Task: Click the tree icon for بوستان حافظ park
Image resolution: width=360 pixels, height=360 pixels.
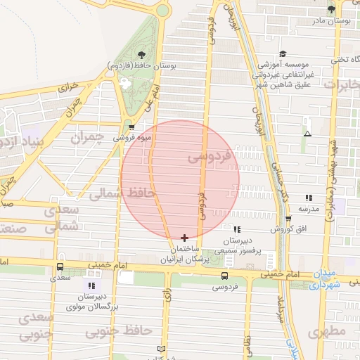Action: point(142,54)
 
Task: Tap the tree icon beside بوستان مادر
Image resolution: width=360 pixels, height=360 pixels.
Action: point(331,9)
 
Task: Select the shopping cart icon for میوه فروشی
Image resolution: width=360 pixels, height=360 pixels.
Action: point(131,127)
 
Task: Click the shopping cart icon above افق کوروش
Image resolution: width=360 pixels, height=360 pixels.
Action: point(288,219)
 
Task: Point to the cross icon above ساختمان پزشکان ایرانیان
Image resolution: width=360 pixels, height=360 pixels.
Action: point(184,238)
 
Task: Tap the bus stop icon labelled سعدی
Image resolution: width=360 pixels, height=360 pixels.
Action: point(60,267)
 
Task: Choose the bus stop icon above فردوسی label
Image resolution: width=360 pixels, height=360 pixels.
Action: point(224,276)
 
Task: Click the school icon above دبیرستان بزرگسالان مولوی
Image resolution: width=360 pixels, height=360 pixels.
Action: point(91,285)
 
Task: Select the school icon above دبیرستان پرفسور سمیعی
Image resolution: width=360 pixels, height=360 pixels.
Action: point(236,229)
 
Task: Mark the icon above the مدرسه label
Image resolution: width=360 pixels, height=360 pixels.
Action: point(309,198)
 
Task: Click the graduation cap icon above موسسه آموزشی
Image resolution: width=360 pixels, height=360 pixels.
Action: point(283,54)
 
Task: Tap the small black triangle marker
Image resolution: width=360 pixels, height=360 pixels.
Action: point(307,133)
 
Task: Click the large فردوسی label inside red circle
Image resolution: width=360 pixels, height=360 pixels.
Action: point(210,157)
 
